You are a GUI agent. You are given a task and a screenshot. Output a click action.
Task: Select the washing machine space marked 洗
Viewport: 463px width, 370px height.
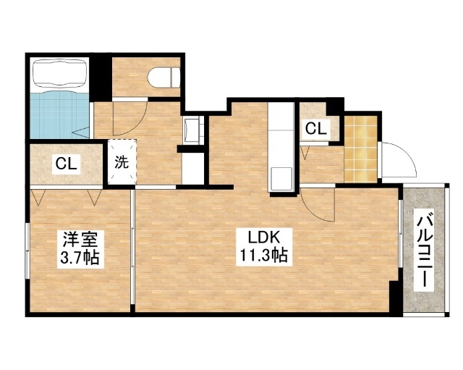pyautogui.click(x=121, y=162)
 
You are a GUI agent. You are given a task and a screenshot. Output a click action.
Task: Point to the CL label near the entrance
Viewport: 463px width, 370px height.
pyautogui.click(x=315, y=130)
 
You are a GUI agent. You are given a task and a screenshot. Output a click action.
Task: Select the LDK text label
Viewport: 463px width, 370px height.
pyautogui.click(x=260, y=237)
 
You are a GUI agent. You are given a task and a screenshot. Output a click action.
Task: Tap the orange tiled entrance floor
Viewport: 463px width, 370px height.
pyautogui.click(x=360, y=148)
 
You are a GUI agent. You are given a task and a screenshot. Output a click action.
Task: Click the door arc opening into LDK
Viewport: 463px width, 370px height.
pyautogui.click(x=318, y=206)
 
